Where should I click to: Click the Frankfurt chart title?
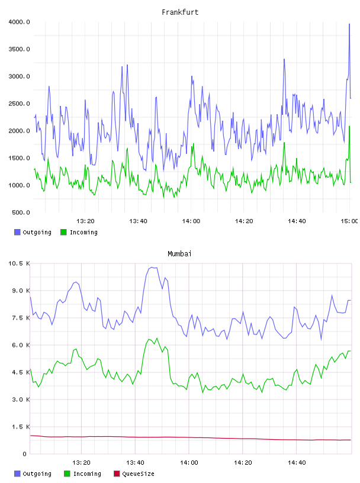click(180, 12)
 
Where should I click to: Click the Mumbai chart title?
click(179, 254)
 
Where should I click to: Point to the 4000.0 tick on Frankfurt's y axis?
click(19, 22)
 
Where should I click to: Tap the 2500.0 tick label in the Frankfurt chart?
click(19, 104)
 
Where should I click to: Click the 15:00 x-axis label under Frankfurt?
click(349, 221)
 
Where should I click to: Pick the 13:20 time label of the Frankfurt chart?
click(85, 221)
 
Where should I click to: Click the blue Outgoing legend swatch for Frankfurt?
click(17, 232)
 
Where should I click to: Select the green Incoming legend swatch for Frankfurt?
click(63, 232)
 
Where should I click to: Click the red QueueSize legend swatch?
click(117, 474)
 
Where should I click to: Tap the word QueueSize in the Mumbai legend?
click(138, 474)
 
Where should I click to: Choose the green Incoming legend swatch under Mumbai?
click(67, 474)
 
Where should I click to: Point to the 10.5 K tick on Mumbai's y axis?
click(19, 263)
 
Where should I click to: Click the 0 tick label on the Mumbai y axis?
click(24, 454)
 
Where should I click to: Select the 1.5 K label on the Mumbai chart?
click(21, 427)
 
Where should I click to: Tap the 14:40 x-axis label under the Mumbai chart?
click(297, 463)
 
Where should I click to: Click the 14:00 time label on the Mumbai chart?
click(189, 463)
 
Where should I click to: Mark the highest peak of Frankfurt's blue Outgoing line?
click(349, 24)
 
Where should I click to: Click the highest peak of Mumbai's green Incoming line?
click(157, 338)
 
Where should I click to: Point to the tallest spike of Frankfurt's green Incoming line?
click(349, 126)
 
